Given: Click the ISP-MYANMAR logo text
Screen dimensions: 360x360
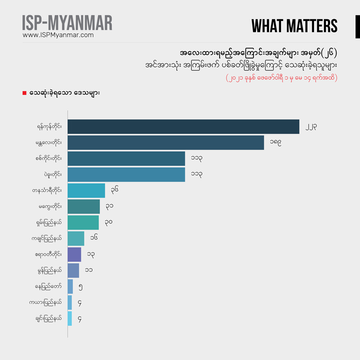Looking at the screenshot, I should point(67,22).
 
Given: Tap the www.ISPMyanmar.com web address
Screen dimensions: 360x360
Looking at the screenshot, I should point(58,35).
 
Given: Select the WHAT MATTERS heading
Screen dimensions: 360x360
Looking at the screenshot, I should point(294,26).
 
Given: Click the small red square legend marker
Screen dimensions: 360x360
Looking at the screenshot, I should point(24,93).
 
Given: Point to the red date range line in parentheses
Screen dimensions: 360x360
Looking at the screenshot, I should point(281,78).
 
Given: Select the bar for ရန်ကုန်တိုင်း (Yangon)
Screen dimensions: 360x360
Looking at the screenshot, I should point(183,126).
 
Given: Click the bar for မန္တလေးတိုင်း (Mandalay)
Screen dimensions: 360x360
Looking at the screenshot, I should point(165,142).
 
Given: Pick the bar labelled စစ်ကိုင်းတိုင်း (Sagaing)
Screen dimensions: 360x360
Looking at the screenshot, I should point(126,158).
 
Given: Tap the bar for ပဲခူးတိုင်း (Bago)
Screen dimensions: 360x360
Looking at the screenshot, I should point(126,174).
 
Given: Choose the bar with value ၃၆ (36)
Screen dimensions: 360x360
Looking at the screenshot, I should point(86,190).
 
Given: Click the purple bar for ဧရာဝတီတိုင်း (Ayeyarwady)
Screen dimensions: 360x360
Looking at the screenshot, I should point(74,254).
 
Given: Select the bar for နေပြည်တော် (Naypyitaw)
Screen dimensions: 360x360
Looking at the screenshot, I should point(70,286).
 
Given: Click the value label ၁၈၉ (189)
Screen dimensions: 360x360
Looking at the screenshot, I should point(275,142).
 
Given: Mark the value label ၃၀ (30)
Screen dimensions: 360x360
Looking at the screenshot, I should point(108,222).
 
